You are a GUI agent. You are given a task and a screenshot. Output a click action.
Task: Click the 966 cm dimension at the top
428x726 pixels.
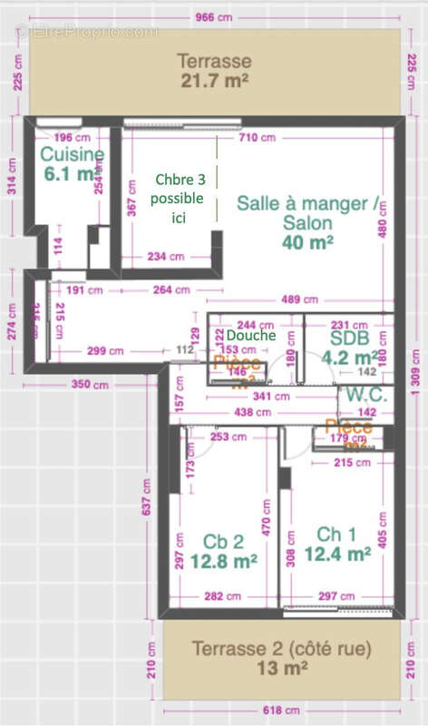pos(215,17)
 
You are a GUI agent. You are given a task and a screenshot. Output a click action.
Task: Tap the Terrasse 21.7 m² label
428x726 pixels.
pos(214,71)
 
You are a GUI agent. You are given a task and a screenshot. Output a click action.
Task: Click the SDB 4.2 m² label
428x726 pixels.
pos(347,346)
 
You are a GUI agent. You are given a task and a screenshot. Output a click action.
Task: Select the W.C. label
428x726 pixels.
pos(365,396)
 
